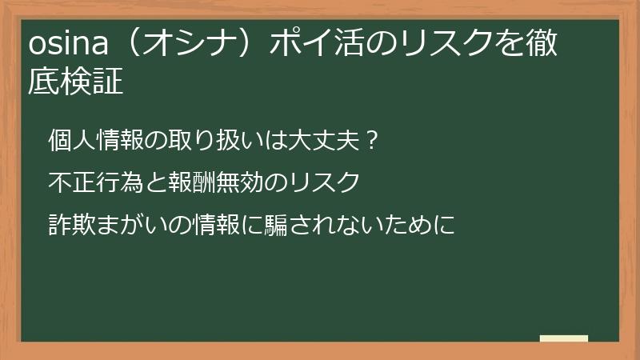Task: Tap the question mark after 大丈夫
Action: (370, 141)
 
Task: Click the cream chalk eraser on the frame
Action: (563, 338)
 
